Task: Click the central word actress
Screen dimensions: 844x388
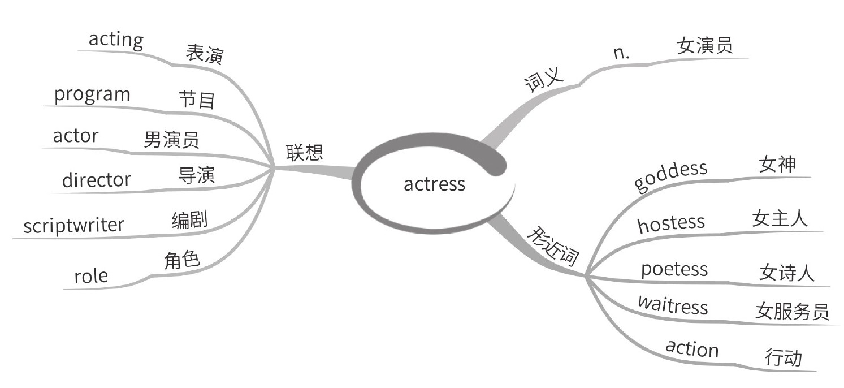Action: (x=434, y=184)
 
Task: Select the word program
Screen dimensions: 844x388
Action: (x=92, y=95)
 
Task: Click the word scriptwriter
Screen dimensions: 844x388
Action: (x=73, y=226)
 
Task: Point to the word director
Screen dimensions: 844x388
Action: (x=96, y=180)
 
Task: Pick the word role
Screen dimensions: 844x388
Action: (x=90, y=277)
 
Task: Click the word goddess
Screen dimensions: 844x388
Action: (x=670, y=176)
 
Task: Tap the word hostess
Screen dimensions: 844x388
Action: (x=671, y=223)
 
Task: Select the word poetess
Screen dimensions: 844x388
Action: (x=674, y=269)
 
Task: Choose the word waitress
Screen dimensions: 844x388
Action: (x=673, y=305)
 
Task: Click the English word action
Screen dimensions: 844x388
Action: (x=692, y=348)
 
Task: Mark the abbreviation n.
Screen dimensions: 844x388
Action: (x=622, y=53)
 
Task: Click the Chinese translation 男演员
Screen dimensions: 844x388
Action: (x=171, y=139)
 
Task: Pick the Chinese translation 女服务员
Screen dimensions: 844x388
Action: (x=791, y=311)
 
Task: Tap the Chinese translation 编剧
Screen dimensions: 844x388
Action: (x=189, y=220)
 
